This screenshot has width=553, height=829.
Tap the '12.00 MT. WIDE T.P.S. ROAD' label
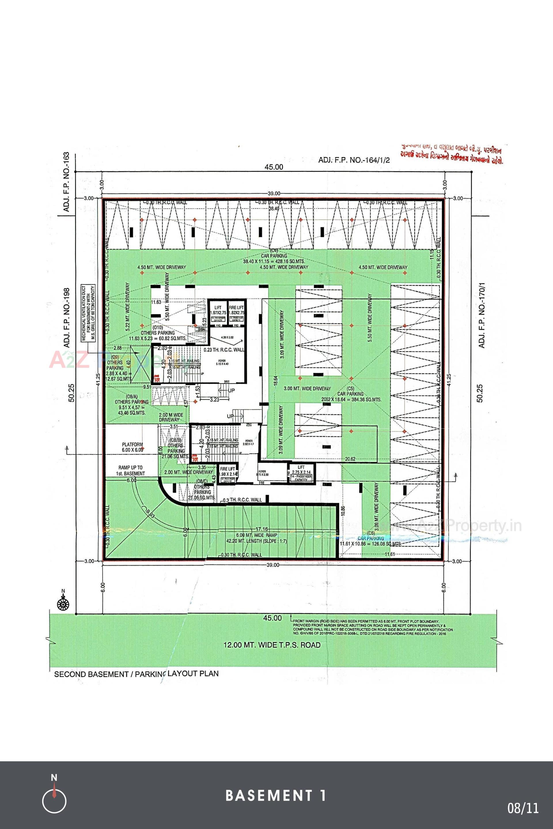[x=272, y=645]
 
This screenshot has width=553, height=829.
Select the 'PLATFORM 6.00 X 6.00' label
[x=132, y=447]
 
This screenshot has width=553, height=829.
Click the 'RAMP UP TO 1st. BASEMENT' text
[x=131, y=471]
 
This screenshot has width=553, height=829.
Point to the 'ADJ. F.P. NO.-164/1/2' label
[x=354, y=160]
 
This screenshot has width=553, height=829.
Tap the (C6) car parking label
[x=370, y=538]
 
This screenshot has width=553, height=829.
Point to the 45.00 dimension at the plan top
[x=274, y=167]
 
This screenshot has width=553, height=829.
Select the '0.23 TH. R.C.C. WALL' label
[x=224, y=350]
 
